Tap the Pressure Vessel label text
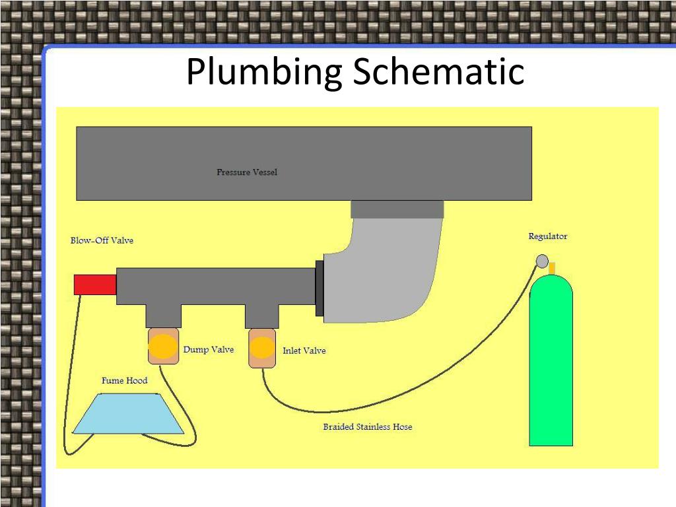247,172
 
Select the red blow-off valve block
95,285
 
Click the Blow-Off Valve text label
102,240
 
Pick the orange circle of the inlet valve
261,348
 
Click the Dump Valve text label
208,350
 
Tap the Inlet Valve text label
304,351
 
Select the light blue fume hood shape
127,415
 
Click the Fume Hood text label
124,381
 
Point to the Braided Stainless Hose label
367,427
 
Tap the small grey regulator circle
542,261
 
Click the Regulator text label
547,236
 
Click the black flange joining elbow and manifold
320,287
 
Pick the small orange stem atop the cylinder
553,268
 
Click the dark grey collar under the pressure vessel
397,209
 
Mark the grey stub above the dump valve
162,316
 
